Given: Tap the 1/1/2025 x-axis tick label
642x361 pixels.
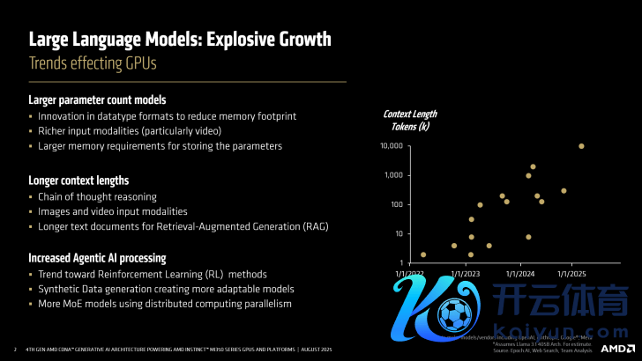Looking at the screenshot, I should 572,274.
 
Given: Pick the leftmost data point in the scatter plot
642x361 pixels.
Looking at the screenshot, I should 423,254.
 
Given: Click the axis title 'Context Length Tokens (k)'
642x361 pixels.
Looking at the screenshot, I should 410,120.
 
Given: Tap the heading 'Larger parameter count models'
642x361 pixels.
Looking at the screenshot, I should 97,99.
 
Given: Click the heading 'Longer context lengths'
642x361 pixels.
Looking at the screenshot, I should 78,180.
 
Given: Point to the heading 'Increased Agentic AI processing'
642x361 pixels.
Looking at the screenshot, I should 97,258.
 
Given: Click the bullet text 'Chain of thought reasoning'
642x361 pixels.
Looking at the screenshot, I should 97,196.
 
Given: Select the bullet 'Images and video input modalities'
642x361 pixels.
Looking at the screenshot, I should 112,211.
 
